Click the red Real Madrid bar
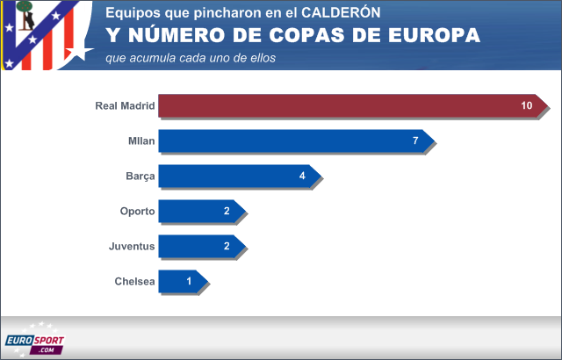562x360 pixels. click(x=351, y=106)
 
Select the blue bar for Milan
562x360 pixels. click(x=294, y=141)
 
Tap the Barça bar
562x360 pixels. click(x=237, y=176)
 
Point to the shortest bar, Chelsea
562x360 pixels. click(x=181, y=282)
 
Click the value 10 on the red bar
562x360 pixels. click(x=527, y=106)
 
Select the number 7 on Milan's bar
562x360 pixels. click(x=415, y=141)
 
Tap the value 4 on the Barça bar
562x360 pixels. click(x=302, y=176)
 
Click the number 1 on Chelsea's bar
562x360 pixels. click(x=190, y=282)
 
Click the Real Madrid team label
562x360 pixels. click(x=125, y=106)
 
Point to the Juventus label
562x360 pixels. click(x=132, y=247)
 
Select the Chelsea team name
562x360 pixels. click(x=134, y=282)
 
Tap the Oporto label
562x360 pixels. click(x=138, y=212)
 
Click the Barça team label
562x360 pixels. click(x=140, y=176)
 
